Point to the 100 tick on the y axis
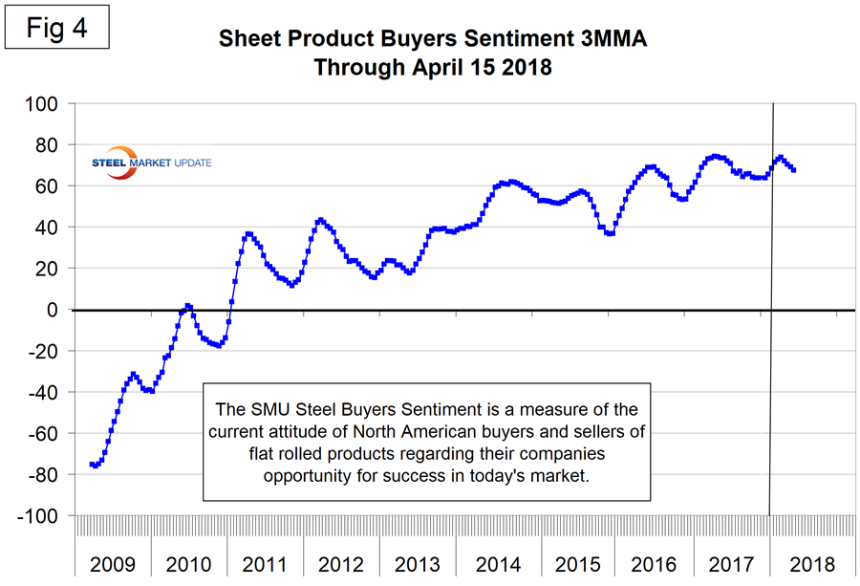43,103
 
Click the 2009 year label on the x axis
113,563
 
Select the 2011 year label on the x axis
266,563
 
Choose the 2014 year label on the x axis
497,563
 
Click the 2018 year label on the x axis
810,563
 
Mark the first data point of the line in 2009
92,464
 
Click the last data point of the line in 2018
794,170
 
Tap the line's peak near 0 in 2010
188,306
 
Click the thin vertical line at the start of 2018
771,382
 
